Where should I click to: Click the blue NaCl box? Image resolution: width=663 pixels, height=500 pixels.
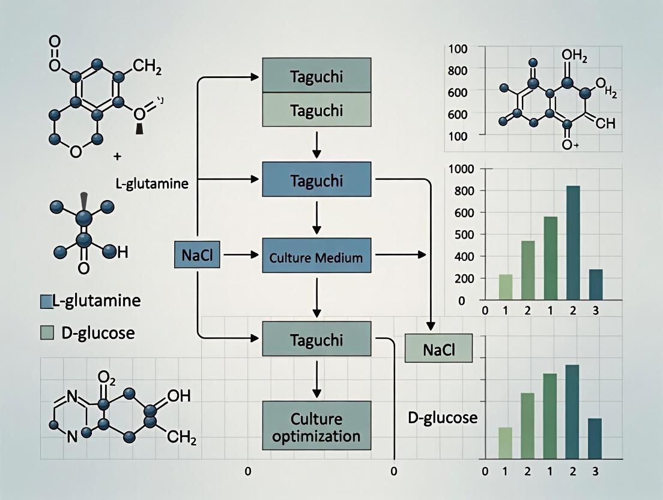pos(195,256)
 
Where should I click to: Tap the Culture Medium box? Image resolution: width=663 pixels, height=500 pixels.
pos(316,258)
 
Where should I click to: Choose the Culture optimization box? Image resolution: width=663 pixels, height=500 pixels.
pos(316,426)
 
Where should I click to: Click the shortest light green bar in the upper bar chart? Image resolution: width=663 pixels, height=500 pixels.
pos(506,287)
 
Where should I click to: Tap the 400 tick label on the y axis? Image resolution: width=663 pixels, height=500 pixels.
pos(463,257)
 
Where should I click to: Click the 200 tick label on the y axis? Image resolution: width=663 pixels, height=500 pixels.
pos(463,279)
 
